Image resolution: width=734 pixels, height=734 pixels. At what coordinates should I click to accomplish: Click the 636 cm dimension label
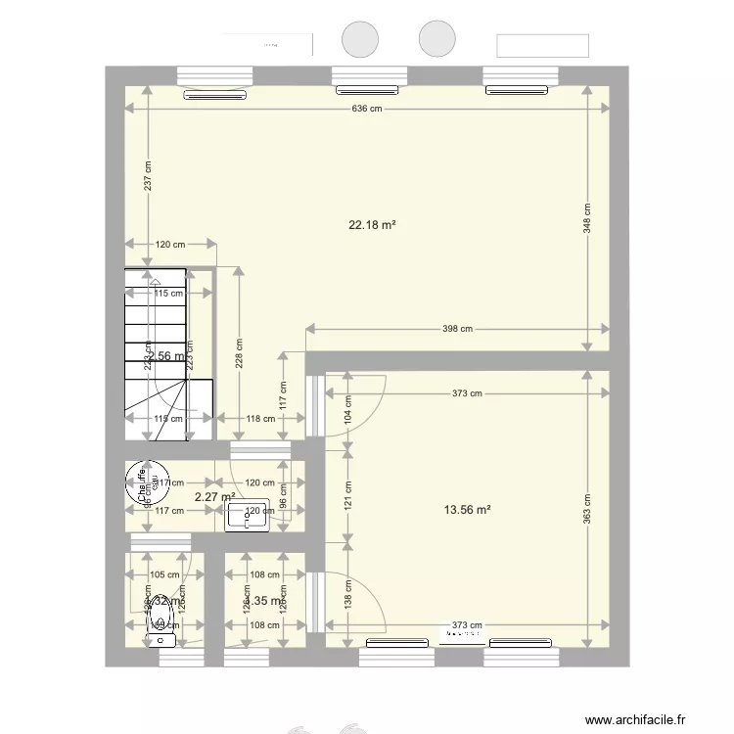click(367, 109)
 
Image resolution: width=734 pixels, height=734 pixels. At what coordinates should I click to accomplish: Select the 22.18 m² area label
click(372, 225)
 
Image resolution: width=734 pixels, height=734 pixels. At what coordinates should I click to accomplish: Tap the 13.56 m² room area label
click(467, 509)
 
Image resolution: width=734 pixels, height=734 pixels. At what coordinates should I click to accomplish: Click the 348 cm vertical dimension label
click(587, 222)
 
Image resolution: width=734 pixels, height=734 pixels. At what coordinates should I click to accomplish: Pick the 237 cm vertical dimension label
click(147, 176)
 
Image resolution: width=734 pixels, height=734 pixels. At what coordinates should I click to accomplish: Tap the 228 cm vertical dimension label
click(240, 352)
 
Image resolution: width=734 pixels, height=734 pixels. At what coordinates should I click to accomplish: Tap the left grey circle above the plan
click(359, 39)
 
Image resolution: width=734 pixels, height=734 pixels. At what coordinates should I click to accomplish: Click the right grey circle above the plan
click(437, 39)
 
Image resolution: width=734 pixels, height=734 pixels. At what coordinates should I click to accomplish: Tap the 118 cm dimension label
click(259, 419)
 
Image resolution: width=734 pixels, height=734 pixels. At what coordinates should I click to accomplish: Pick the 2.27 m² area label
click(214, 496)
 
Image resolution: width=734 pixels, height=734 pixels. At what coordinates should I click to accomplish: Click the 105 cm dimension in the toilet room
click(164, 575)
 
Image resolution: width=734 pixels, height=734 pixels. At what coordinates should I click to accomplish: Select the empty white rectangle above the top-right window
click(543, 46)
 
